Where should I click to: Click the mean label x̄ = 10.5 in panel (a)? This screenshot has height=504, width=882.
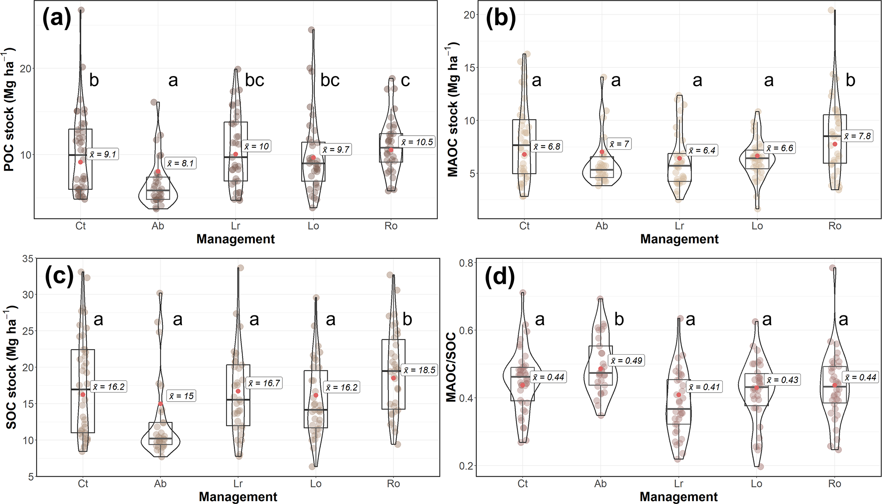pyautogui.click(x=417, y=142)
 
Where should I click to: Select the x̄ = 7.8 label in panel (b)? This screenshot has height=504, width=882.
pyautogui.click(x=857, y=136)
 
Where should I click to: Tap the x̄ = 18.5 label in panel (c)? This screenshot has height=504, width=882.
pyautogui.click(x=420, y=370)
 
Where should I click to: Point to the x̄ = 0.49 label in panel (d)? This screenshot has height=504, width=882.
pyautogui.click(x=626, y=361)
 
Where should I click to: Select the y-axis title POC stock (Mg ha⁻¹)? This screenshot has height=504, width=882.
pyautogui.click(x=9, y=110)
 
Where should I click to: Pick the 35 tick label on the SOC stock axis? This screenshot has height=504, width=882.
pyautogui.click(x=28, y=259)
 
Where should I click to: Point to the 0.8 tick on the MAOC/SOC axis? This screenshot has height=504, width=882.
pyautogui.click(x=466, y=263)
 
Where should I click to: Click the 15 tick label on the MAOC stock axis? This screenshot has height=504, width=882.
pyautogui.click(x=469, y=68)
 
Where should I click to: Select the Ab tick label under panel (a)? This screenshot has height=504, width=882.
pyautogui.click(x=158, y=226)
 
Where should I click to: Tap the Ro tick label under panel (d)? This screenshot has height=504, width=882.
pyautogui.click(x=834, y=484)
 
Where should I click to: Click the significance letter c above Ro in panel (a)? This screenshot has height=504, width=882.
pyautogui.click(x=405, y=80)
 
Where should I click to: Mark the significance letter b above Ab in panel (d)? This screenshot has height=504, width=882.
pyautogui.click(x=619, y=319)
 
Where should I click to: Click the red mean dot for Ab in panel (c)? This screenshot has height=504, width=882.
pyautogui.click(x=160, y=404)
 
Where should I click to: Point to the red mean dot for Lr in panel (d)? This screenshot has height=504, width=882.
pyautogui.click(x=678, y=395)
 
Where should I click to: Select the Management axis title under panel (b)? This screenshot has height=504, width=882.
pyautogui.click(x=679, y=239)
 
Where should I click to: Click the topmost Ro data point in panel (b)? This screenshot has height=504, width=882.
pyautogui.click(x=831, y=10)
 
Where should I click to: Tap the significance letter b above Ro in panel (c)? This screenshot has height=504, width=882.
pyautogui.click(x=408, y=319)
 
